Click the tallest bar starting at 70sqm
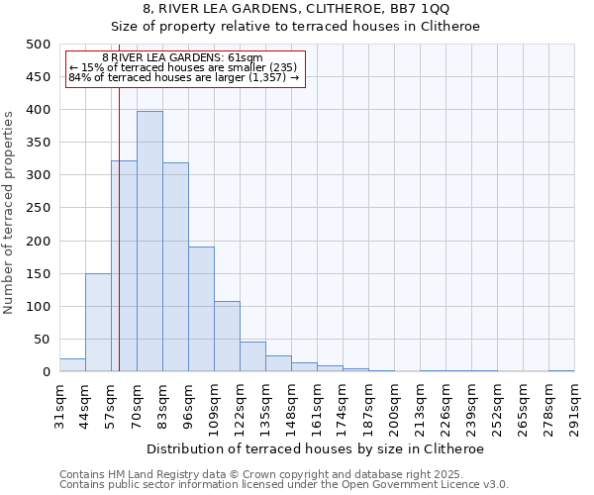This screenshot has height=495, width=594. [x=149, y=242]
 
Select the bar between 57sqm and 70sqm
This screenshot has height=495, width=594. [x=124, y=266]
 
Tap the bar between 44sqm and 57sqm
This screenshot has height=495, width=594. [x=98, y=323]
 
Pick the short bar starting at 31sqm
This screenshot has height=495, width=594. [x=72, y=365]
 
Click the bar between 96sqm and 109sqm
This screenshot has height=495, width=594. [x=201, y=309]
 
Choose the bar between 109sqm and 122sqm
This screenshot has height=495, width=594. [x=227, y=337]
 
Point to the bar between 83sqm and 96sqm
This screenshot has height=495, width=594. [x=175, y=267]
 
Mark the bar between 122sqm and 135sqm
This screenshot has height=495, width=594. [x=252, y=357]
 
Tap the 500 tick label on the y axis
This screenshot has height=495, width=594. [x=39, y=45]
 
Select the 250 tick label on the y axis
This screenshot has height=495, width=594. [x=39, y=208]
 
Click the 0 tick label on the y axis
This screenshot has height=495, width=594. [x=47, y=372]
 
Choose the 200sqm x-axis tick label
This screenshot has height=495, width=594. [x=394, y=408]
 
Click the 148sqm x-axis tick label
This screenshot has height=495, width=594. [x=291, y=408]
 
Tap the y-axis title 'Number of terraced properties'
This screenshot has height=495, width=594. [x=10, y=212]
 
